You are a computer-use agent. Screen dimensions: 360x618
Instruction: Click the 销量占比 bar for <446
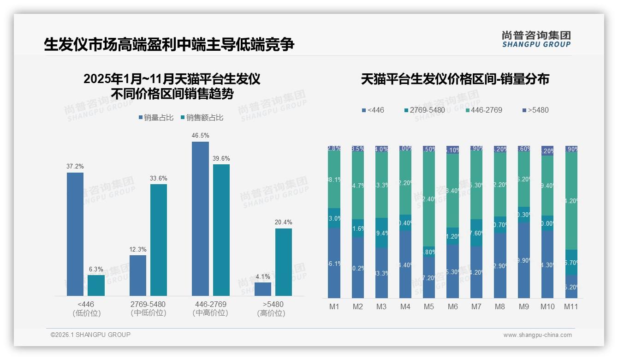click(x=75, y=234)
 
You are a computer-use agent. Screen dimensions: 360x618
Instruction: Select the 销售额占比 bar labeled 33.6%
click(x=159, y=240)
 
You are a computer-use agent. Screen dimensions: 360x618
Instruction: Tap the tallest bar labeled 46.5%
click(x=200, y=218)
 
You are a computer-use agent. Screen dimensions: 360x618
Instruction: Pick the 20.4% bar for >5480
click(x=284, y=262)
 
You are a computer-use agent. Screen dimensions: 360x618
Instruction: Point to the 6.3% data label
click(x=96, y=269)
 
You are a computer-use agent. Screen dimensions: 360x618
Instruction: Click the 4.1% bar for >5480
click(x=263, y=289)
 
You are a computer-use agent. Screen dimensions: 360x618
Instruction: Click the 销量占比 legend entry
click(x=156, y=118)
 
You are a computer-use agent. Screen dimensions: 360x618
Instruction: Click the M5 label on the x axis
click(x=429, y=306)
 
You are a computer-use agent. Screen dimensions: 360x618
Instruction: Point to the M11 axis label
click(x=571, y=306)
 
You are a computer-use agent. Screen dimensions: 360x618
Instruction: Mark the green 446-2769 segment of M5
click(x=429, y=199)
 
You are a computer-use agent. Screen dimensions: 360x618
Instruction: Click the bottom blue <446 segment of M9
click(x=523, y=260)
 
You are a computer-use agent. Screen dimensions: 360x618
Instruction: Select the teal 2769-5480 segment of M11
click(x=571, y=262)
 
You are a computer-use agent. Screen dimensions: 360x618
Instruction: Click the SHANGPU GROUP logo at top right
click(x=536, y=39)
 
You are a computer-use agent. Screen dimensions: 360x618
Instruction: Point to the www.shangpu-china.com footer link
click(x=537, y=335)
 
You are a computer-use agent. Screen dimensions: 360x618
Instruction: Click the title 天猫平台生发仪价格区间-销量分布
click(x=455, y=79)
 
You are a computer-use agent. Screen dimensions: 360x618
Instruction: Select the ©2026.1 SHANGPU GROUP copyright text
click(x=90, y=335)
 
